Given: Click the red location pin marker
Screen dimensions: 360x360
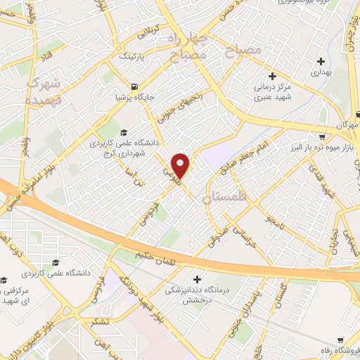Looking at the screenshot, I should coord(181,165).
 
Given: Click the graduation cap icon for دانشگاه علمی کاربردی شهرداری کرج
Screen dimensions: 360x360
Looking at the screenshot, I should coord(124,132).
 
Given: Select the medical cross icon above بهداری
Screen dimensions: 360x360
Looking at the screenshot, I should coord(321,60).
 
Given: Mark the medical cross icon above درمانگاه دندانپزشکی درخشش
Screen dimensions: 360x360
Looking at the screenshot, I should coord(198,280).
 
